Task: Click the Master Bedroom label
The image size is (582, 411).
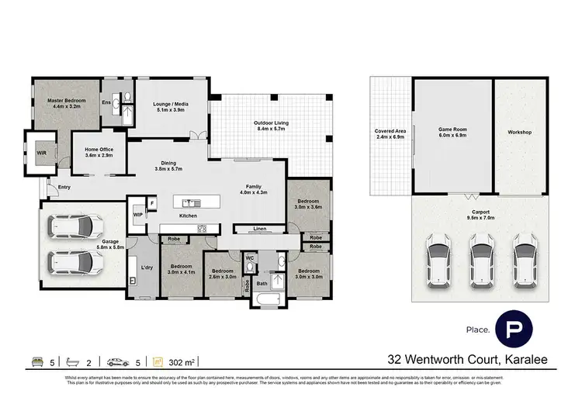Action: pos(66,101)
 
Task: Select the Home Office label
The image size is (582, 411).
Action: pos(93,150)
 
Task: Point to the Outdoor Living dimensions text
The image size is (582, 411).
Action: pos(270,129)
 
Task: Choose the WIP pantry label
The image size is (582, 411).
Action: pos(138,213)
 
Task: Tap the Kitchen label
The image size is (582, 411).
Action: pos(188,216)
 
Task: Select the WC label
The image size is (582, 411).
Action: pos(250,257)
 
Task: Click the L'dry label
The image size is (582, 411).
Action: pos(145,268)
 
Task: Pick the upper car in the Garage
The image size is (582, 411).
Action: pos(75,226)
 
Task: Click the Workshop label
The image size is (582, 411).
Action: pos(519,133)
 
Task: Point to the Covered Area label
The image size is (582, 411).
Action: pos(390,132)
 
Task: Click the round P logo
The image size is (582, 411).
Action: pos(514,330)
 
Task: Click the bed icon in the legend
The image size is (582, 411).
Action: pos(36,361)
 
